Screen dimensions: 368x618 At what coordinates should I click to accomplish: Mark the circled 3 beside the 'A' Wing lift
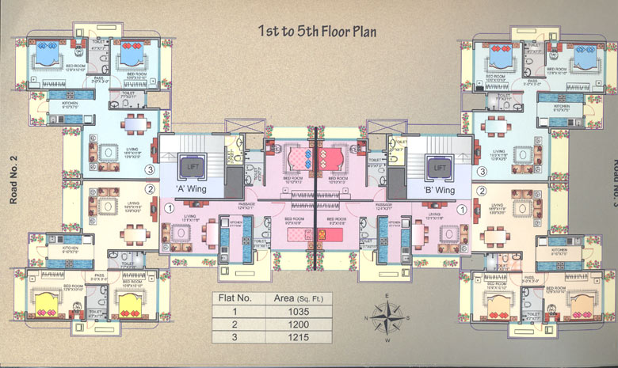(148, 169)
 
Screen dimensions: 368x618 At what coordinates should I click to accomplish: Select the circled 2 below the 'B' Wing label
(481, 190)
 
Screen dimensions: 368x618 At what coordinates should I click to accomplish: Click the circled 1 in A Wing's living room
(169, 208)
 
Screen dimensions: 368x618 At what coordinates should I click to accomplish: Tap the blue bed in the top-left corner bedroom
(47, 59)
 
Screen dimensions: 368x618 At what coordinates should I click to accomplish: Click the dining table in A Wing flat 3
(136, 124)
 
